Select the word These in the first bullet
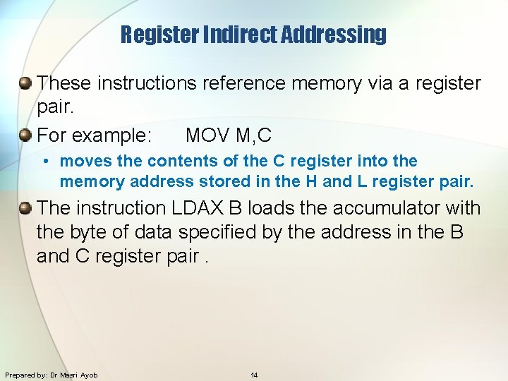(x=64, y=83)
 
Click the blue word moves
(x=83, y=161)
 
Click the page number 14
(x=254, y=375)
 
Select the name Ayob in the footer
(x=89, y=375)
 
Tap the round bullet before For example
(x=25, y=134)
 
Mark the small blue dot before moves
(x=44, y=162)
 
